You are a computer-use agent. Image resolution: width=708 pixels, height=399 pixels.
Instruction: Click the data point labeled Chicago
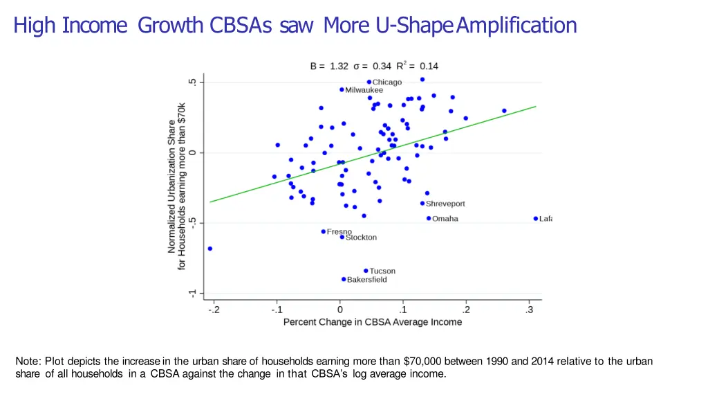click(x=369, y=82)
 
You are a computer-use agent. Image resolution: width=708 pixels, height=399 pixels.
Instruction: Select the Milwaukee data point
click(x=342, y=90)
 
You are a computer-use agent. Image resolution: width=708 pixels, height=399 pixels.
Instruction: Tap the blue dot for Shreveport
click(x=422, y=204)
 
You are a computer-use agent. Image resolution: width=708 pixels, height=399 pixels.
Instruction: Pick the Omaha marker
click(x=429, y=219)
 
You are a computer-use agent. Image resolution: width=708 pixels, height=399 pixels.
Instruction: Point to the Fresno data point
click(x=324, y=231)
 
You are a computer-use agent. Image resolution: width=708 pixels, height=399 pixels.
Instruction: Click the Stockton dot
click(x=342, y=237)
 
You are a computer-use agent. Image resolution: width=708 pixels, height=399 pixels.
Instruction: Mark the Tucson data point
click(x=366, y=271)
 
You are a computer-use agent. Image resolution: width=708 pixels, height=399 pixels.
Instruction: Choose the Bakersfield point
click(x=344, y=280)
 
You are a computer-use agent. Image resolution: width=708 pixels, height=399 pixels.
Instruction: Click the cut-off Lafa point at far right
click(x=536, y=219)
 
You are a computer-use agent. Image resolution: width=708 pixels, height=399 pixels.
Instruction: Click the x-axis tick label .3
click(x=530, y=310)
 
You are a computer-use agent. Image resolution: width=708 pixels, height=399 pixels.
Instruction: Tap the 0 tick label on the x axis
click(x=339, y=310)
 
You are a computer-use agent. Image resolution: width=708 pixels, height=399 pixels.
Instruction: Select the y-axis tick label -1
click(x=192, y=294)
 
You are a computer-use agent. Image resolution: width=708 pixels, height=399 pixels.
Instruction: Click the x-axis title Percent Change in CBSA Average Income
click(x=373, y=322)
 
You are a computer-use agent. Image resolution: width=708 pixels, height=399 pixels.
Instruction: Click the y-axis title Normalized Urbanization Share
click(x=172, y=187)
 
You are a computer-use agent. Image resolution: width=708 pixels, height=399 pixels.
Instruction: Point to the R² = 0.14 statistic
click(x=417, y=66)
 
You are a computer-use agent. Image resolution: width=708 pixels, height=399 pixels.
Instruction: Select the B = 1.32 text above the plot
click(x=329, y=66)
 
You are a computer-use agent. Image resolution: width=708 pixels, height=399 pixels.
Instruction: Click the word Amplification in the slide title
click(x=517, y=26)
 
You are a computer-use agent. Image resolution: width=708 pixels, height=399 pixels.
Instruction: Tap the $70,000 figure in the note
click(x=422, y=362)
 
